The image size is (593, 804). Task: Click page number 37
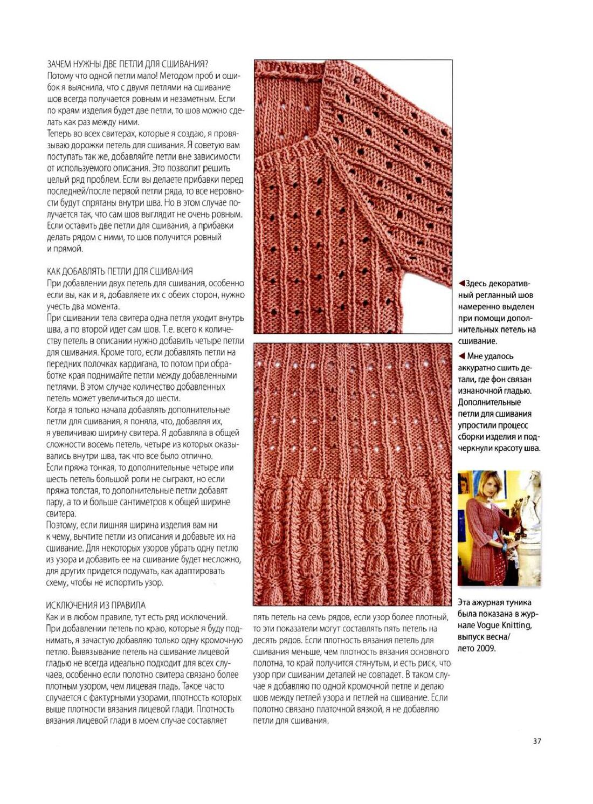[536, 741]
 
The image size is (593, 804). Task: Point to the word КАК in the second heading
[54, 271]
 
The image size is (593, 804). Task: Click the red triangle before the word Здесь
[461, 284]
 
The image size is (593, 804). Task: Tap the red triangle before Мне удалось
[461, 356]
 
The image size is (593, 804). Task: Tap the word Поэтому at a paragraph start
[61, 525]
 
